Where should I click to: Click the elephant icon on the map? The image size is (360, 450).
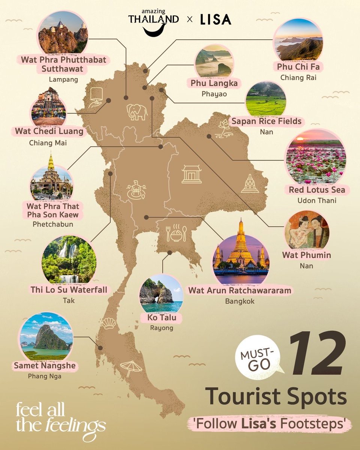pyautogui.click(x=137, y=112)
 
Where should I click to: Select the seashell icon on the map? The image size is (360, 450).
pyautogui.click(x=109, y=323)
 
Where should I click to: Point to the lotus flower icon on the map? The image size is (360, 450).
pyautogui.click(x=224, y=129)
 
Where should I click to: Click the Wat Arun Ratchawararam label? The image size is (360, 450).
pyautogui.click(x=240, y=290)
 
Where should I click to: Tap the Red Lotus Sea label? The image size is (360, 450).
pyautogui.click(x=317, y=190)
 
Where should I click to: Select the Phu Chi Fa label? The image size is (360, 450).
pyautogui.click(x=298, y=67)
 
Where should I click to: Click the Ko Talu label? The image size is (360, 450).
pyautogui.click(x=162, y=318)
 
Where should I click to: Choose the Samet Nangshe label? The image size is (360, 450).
pyautogui.click(x=45, y=365)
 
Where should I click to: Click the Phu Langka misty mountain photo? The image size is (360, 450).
pyautogui.click(x=214, y=63)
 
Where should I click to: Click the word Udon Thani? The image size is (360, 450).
pyautogui.click(x=317, y=201)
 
